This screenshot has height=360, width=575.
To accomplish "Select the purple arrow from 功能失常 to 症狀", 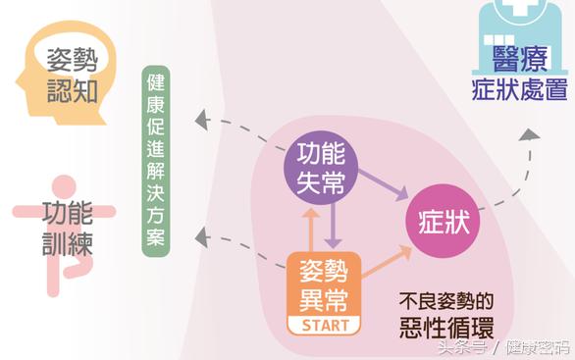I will (x=382, y=187).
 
